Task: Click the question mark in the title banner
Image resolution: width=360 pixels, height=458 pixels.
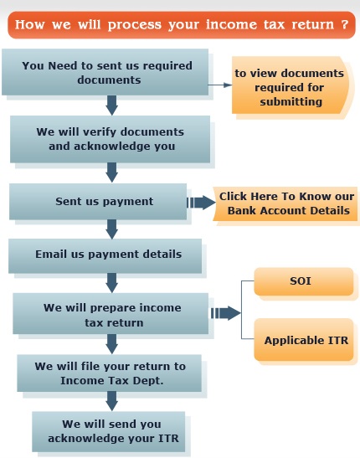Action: tap(345, 24)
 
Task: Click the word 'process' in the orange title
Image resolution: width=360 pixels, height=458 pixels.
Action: tap(135, 25)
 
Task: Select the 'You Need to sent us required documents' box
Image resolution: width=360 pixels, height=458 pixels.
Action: tap(105, 72)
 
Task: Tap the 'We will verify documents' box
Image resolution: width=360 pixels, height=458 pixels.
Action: tap(110, 139)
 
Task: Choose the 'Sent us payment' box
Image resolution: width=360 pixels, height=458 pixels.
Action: tap(98, 202)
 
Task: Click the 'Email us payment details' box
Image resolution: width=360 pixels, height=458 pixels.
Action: tap(105, 256)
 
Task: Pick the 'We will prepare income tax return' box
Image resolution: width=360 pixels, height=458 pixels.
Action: tap(111, 313)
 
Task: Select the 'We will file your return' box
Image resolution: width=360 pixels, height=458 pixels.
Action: tap(109, 373)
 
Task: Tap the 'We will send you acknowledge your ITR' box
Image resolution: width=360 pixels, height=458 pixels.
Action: tap(109, 431)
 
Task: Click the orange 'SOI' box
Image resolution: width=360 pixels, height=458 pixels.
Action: tap(304, 281)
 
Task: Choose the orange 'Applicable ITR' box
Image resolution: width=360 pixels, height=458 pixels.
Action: tap(304, 340)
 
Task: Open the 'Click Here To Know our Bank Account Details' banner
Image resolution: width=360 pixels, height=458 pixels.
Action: tap(286, 203)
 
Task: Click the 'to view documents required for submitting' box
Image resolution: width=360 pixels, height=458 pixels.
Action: tap(290, 85)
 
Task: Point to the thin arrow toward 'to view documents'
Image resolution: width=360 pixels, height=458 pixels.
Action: tap(220, 85)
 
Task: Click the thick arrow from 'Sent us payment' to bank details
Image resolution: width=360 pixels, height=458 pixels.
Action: tap(201, 203)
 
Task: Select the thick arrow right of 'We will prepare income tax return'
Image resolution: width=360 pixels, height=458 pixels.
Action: tap(226, 313)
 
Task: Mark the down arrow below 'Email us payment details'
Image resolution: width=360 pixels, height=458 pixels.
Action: tap(112, 283)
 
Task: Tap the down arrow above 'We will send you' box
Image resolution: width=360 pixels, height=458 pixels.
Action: tap(112, 401)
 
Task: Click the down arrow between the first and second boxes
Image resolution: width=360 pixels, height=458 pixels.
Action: tap(112, 105)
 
